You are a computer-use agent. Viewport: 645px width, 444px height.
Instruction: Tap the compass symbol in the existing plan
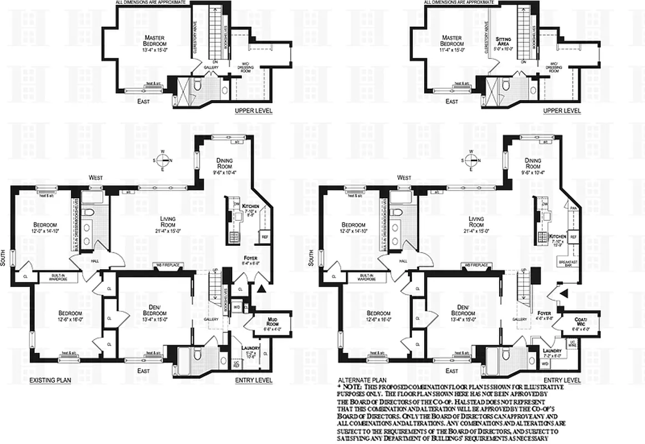coord(163,160)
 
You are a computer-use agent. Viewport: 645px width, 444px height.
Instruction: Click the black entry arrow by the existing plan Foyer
coord(261,289)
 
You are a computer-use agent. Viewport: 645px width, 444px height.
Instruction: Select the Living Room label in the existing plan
coord(164,221)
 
